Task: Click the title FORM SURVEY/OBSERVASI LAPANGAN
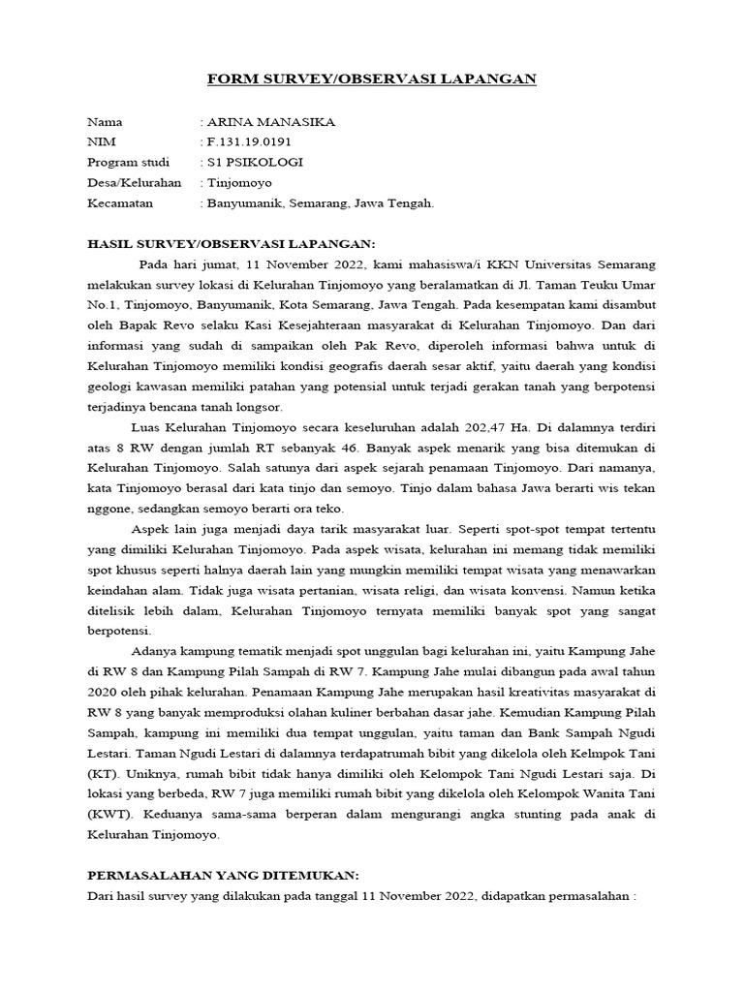click(371, 79)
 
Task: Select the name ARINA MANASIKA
click(265, 122)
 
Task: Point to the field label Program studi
click(128, 162)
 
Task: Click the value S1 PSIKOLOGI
click(255, 162)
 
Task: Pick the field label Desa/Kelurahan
click(134, 182)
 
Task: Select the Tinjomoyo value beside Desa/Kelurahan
click(239, 182)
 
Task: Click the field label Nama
click(106, 122)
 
